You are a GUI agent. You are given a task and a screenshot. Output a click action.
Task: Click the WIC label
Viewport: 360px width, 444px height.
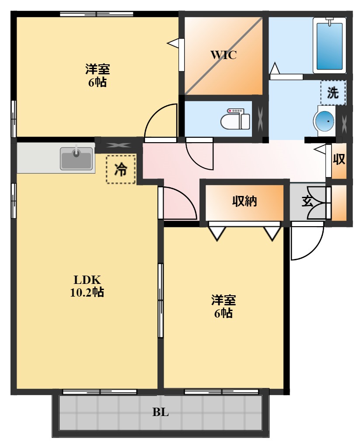point(224,55)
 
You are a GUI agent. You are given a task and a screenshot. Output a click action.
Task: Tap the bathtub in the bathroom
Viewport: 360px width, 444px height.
point(330,45)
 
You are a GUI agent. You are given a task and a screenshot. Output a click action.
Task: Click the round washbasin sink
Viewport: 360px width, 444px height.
point(325,121)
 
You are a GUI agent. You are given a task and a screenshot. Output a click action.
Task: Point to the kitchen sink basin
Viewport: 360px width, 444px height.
point(77,158)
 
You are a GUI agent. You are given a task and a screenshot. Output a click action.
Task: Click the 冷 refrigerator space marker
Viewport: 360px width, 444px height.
point(120,169)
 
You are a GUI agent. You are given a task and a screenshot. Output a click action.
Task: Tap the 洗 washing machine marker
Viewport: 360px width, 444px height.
point(333,92)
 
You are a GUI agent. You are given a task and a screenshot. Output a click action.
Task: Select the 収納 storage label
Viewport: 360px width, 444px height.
point(244,201)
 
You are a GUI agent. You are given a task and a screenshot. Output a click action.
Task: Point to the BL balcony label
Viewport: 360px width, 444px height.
point(161,412)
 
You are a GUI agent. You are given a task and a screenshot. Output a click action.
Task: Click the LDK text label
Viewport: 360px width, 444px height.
point(87,280)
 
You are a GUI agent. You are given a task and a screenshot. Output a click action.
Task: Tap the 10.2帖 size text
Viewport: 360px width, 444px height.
point(87,293)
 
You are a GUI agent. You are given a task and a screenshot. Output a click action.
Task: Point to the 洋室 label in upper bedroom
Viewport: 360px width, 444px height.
point(97,69)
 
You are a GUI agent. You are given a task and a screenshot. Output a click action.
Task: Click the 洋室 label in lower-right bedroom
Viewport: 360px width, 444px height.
point(224,300)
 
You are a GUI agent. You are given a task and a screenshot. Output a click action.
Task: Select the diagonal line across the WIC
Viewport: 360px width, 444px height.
point(224,55)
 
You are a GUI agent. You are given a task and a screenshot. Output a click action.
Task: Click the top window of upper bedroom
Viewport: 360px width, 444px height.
point(96,14)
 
